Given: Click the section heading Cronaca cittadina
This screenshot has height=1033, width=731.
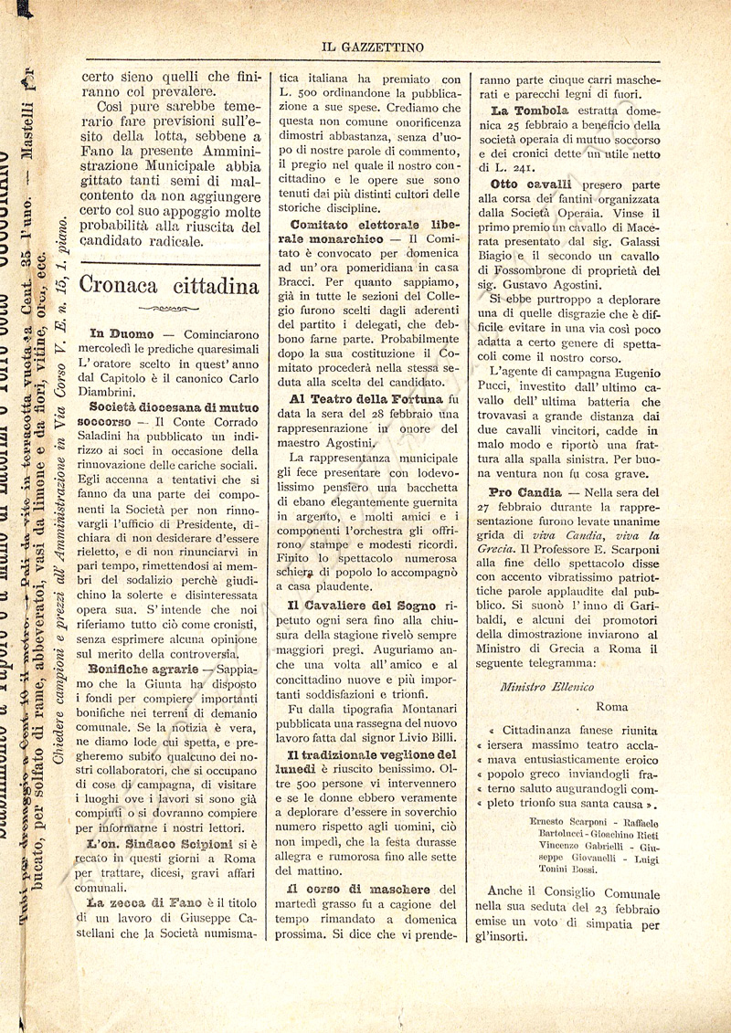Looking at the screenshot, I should [x=169, y=285].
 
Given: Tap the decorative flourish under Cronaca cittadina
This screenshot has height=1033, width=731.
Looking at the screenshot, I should [x=169, y=309].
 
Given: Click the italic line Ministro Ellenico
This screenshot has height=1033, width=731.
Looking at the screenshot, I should [x=547, y=686].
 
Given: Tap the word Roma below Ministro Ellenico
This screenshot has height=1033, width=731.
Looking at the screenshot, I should [x=611, y=706].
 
